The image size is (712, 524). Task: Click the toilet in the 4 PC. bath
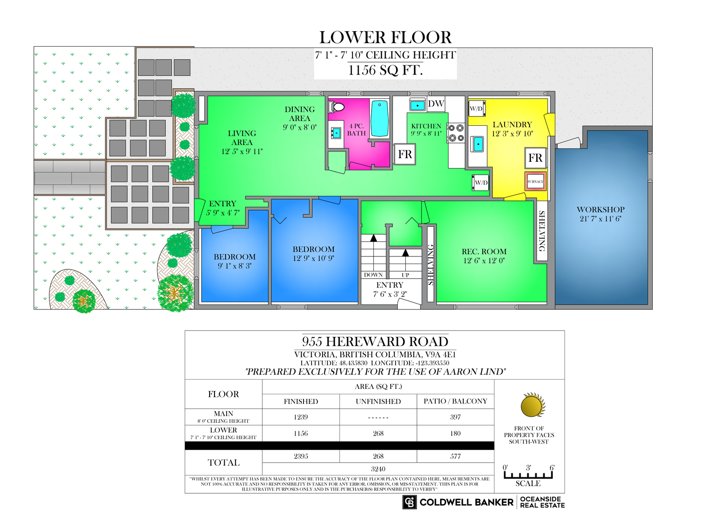[x=336, y=107]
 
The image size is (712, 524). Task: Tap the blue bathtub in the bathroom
[x=380, y=118]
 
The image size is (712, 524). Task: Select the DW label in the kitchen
[x=436, y=104]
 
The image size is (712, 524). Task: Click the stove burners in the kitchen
[x=456, y=133]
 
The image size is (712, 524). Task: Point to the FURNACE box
[x=536, y=181]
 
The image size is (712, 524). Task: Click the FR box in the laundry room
[x=535, y=158]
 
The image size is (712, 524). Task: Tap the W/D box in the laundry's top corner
[x=477, y=108]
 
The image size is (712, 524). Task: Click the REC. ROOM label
[x=484, y=252]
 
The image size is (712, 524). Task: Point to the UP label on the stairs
[x=405, y=275]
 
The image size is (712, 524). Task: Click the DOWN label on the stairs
[x=373, y=275]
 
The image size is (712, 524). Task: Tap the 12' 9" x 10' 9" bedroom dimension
[x=313, y=258]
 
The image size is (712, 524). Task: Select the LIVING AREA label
[x=242, y=138]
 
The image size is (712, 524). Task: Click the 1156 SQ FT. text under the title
[x=385, y=70]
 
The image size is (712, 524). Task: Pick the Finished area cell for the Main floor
[x=301, y=417]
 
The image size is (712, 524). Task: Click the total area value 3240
[x=378, y=469]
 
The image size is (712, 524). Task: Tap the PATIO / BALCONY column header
[x=455, y=401]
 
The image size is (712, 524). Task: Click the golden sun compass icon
[x=533, y=405]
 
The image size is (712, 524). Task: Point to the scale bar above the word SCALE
[x=528, y=475]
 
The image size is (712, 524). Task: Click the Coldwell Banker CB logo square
[x=409, y=502]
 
